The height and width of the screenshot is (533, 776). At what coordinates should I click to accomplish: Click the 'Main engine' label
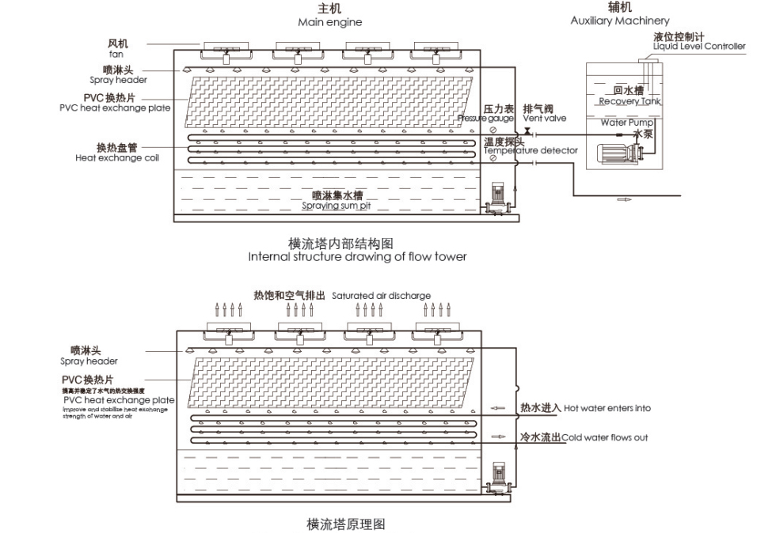pyautogui.click(x=329, y=23)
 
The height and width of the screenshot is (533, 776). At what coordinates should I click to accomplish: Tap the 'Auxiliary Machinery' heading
pyautogui.click(x=619, y=21)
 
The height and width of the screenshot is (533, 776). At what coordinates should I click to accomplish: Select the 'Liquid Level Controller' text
pyautogui.click(x=698, y=46)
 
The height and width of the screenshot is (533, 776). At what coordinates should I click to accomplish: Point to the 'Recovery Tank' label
pyautogui.click(x=630, y=101)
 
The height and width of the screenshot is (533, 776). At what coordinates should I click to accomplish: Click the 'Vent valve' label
pyautogui.click(x=544, y=119)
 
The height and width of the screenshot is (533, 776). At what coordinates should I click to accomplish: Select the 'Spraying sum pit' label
pyautogui.click(x=336, y=206)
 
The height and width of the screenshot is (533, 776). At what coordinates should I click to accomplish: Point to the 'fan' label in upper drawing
pyautogui.click(x=116, y=55)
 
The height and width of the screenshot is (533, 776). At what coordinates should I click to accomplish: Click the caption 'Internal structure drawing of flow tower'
pyautogui.click(x=356, y=256)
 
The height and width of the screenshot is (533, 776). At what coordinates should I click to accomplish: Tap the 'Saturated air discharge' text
pyautogui.click(x=381, y=296)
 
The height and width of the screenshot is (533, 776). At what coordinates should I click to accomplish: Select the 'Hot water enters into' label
pyautogui.click(x=607, y=409)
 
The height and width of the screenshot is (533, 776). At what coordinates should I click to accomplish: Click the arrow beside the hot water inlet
pyautogui.click(x=498, y=409)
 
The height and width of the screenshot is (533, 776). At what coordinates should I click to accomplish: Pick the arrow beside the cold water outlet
pyautogui.click(x=498, y=437)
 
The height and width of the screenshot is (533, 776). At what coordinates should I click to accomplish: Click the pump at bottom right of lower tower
pyautogui.click(x=498, y=479)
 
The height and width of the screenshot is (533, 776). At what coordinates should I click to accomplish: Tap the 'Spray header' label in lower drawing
pyautogui.click(x=89, y=361)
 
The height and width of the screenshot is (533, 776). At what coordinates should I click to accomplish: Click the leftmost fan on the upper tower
pyautogui.click(x=226, y=51)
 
